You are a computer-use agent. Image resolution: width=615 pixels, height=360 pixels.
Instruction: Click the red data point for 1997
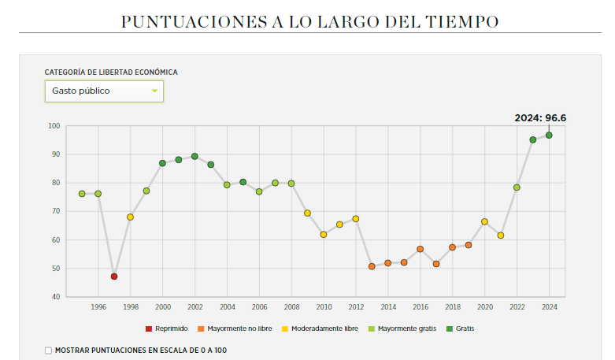pos(114,276)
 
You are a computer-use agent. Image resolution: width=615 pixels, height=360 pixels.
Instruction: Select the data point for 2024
pos(549,135)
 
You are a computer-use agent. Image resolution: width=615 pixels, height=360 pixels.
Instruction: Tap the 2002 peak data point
pos(195,157)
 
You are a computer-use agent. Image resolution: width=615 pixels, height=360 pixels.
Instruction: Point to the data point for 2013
pos(372,266)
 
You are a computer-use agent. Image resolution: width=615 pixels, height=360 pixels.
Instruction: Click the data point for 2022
pos(517,187)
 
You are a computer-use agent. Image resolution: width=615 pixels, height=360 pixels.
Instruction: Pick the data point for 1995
pos(82,194)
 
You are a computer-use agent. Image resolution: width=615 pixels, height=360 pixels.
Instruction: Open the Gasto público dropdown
pos(104,91)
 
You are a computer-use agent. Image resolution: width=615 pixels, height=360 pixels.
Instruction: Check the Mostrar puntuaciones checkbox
pos(49,350)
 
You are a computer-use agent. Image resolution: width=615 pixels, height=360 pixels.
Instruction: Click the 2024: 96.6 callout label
pos(540,118)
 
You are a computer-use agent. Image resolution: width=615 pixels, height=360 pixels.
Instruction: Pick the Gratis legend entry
pos(465,328)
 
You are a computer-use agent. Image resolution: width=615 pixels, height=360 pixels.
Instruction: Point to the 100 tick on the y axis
pos(53,126)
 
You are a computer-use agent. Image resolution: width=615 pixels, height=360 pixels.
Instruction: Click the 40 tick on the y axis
pos(54,297)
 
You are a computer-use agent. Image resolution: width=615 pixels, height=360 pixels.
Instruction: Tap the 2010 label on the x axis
pos(324,306)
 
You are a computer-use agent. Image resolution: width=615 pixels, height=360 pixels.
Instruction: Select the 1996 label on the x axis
pos(98,306)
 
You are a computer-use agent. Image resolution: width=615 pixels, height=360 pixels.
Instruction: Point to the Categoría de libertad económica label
pos(111,72)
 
